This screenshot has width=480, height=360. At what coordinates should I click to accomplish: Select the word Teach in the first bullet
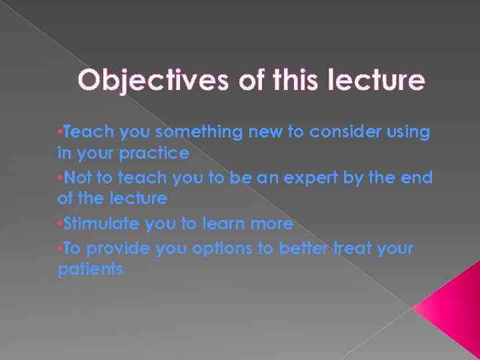(89, 132)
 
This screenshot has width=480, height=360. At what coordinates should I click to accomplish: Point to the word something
(201, 132)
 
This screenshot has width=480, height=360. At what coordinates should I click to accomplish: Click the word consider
(338, 132)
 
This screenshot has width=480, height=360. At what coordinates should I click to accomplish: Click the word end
(417, 178)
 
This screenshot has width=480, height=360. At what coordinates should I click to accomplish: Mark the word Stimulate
(100, 223)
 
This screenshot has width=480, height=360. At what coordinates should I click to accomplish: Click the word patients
(90, 269)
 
